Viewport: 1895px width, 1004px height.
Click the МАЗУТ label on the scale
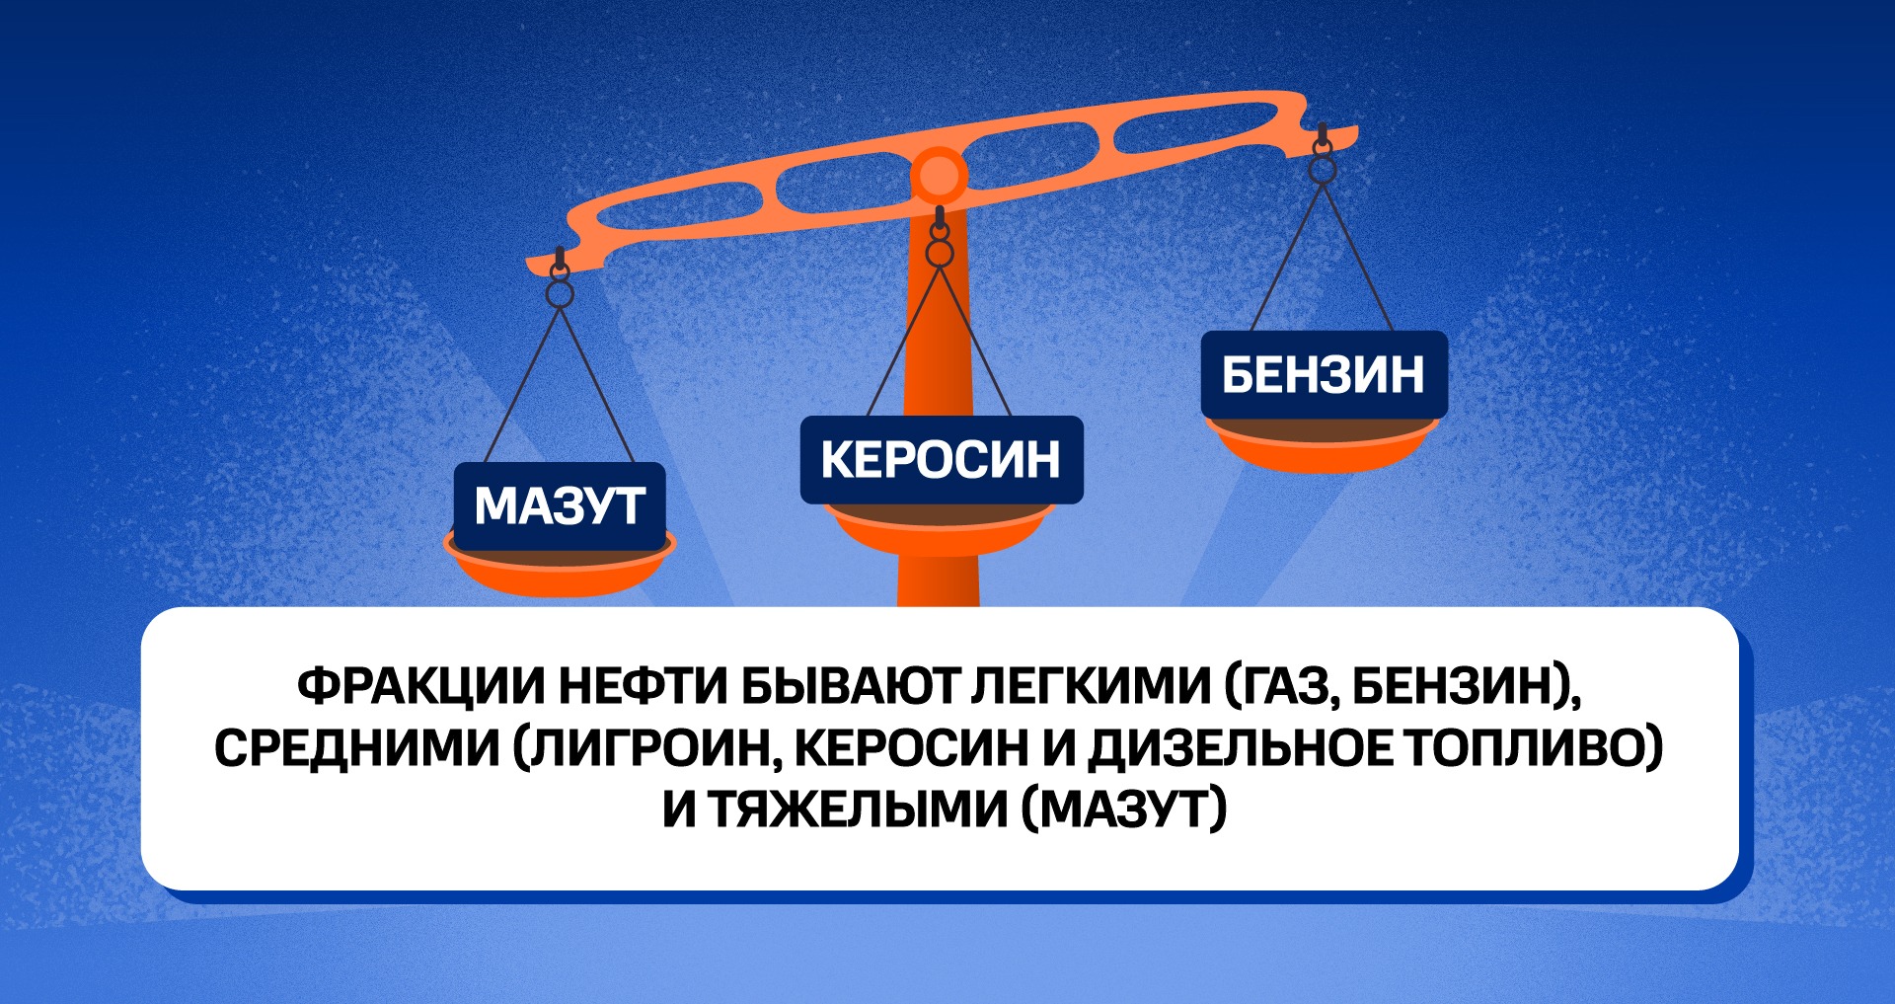[x=560, y=505]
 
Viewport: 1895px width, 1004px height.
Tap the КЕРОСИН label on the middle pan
[x=942, y=460]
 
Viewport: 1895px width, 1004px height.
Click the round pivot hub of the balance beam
[x=938, y=178]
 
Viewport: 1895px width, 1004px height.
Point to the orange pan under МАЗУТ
[x=560, y=570]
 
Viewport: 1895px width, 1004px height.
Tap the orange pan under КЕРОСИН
[x=942, y=529]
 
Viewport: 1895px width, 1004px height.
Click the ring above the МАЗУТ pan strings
[x=560, y=294]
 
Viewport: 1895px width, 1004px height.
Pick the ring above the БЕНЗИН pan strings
[x=1323, y=170]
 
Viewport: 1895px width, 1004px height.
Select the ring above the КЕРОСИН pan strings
[x=940, y=254]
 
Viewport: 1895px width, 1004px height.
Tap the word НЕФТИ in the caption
[x=643, y=687]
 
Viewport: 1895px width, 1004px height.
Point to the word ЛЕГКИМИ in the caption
[x=1091, y=687]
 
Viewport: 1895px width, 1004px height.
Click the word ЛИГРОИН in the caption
[x=646, y=748]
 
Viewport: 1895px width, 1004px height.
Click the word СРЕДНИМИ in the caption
[x=357, y=748]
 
